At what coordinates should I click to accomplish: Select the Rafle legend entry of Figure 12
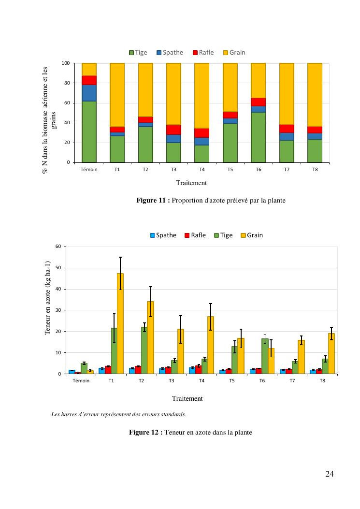tap(195, 235)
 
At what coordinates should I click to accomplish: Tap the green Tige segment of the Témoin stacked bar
tap(89, 131)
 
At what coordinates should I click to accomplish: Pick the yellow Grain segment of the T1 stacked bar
tap(117, 95)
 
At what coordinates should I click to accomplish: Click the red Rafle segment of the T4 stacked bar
tap(202, 133)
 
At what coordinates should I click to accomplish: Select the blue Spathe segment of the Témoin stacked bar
tap(89, 93)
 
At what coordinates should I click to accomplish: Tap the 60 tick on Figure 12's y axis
tap(58, 247)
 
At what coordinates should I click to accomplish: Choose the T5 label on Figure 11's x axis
tap(230, 170)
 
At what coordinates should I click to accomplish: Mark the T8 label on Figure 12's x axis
tap(322, 381)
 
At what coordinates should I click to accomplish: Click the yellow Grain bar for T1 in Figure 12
tap(120, 324)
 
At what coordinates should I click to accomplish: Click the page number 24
tap(330, 474)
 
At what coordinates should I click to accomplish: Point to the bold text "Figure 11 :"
tap(153, 201)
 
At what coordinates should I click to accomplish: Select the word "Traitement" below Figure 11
tap(191, 183)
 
